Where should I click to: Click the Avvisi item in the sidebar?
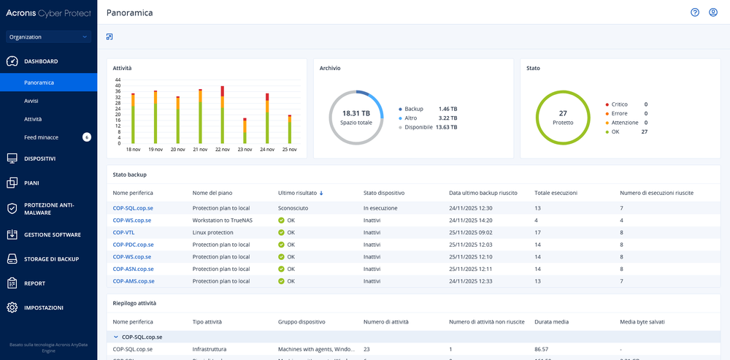pyautogui.click(x=31, y=100)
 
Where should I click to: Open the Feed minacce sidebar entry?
pyautogui.click(x=41, y=137)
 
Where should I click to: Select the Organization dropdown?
pyautogui.click(x=48, y=37)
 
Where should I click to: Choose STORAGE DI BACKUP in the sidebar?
pyautogui.click(x=51, y=258)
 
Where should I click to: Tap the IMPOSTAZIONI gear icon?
pyautogui.click(x=12, y=307)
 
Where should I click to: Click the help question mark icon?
pyautogui.click(x=695, y=12)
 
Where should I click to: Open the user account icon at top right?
pyautogui.click(x=713, y=12)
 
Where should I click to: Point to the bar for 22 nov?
pyautogui.click(x=222, y=115)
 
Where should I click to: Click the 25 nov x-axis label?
pyautogui.click(x=290, y=150)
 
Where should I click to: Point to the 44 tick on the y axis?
pyautogui.click(x=118, y=80)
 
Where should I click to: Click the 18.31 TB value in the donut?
pyautogui.click(x=356, y=113)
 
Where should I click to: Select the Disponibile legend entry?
pyautogui.click(x=418, y=127)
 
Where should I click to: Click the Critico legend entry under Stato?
pyautogui.click(x=619, y=104)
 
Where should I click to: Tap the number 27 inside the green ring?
pyautogui.click(x=563, y=113)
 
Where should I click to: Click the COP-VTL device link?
pyautogui.click(x=123, y=232)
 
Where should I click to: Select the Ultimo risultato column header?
pyautogui.click(x=297, y=193)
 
